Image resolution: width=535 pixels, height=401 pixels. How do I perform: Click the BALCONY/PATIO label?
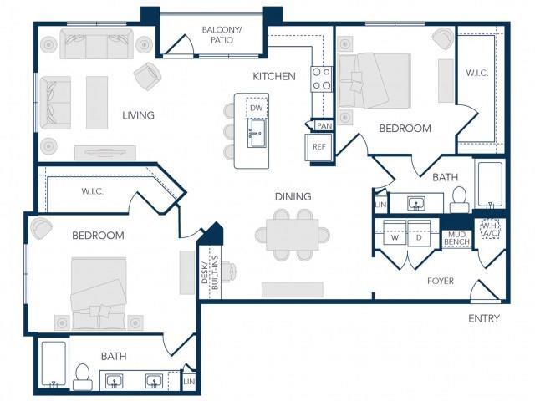click(222, 35)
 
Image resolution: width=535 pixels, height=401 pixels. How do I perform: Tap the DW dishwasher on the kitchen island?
click(257, 108)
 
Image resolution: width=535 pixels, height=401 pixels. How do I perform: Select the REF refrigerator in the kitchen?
click(318, 147)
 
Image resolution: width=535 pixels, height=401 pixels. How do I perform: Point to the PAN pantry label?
click(324, 126)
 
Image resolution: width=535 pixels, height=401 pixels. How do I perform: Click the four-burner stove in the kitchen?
click(321, 79)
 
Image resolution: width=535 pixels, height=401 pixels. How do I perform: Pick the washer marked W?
click(395, 232)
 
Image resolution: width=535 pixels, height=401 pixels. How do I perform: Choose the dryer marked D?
click(419, 232)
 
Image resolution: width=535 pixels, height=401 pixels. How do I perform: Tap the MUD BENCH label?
click(457, 238)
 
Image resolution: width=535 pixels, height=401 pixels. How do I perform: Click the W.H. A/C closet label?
click(491, 230)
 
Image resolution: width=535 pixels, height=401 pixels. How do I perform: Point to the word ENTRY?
click(484, 318)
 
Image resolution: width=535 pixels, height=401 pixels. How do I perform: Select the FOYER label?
click(441, 281)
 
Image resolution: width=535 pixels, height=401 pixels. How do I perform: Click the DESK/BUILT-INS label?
click(210, 272)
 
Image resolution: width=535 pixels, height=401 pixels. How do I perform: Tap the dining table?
click(293, 235)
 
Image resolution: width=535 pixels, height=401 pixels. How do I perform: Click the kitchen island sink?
click(257, 133)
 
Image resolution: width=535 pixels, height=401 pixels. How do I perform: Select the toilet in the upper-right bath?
click(459, 200)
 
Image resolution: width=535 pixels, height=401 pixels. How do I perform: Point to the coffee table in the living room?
click(97, 103)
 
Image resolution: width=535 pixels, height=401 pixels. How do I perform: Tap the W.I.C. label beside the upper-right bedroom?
click(477, 73)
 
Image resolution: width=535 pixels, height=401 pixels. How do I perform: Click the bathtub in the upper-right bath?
click(490, 185)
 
